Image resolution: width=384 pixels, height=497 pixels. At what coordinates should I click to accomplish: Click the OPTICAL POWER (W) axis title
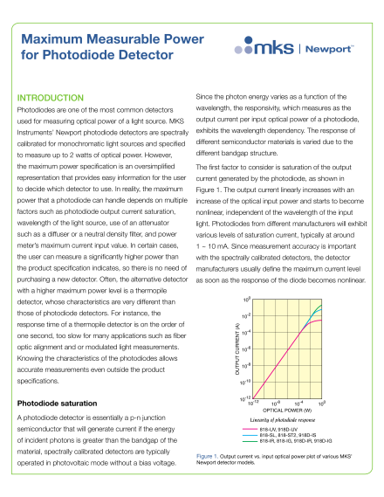287,409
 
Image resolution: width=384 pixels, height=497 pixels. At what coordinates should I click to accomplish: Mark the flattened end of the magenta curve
322,321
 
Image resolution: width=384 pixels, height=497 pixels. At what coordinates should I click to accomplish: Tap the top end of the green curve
322,306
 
